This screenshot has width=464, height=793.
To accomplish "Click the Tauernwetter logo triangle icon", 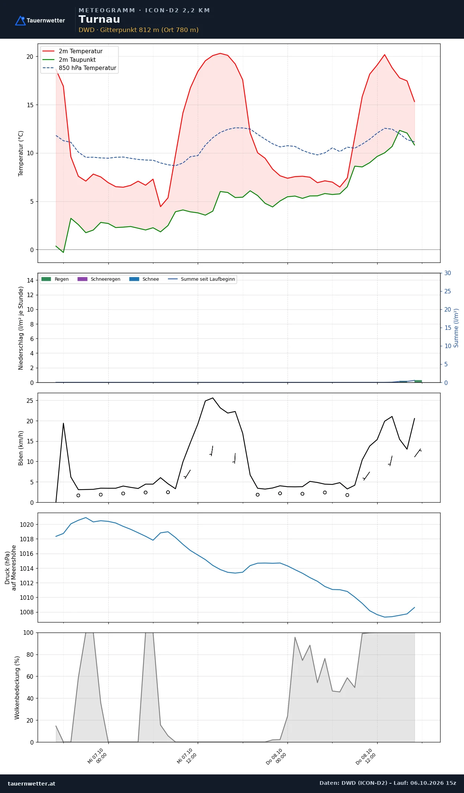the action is (x=20, y=20).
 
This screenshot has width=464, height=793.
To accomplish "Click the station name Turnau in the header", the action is (x=99, y=19).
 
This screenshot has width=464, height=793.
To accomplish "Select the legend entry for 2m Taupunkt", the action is (x=77, y=60).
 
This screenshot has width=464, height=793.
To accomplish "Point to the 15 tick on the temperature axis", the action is (x=30, y=105).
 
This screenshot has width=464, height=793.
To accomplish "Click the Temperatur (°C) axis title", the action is (x=21, y=153).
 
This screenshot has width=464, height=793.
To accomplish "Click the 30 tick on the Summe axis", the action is (x=448, y=273).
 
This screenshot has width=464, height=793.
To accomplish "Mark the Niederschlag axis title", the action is (x=21, y=328).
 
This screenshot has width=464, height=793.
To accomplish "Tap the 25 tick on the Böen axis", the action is (x=30, y=401).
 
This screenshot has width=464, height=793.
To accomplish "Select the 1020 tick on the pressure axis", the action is (x=26, y=525).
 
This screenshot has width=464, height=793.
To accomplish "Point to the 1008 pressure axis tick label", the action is (x=26, y=612).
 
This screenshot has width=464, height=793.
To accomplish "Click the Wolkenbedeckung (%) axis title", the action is (x=17, y=687).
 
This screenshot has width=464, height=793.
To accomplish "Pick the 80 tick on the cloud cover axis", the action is (x=30, y=654).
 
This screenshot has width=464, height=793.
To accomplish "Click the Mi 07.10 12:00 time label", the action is (x=187, y=756).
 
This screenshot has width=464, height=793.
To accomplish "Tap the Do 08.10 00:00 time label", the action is (x=276, y=757).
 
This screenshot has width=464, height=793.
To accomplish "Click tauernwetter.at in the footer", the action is (x=32, y=783).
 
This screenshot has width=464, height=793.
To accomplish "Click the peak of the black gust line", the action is (x=213, y=398).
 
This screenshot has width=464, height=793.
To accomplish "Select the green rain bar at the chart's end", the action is (x=418, y=381).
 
